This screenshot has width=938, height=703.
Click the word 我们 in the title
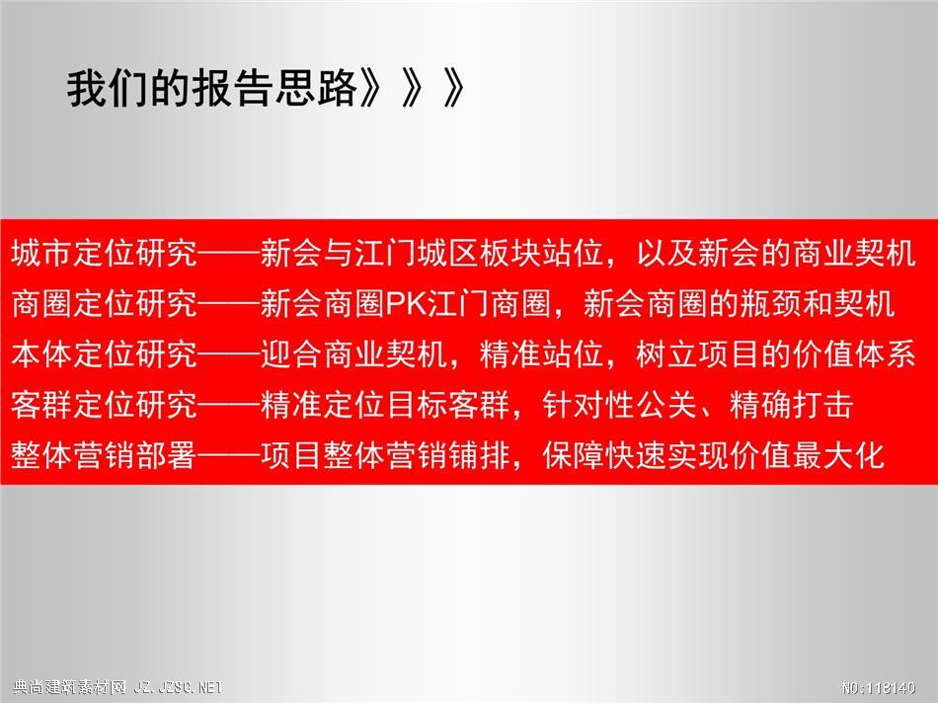pos(108,89)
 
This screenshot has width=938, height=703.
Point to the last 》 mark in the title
pos(453,89)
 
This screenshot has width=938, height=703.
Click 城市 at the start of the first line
pos(41,253)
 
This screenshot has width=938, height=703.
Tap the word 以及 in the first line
pos(667,253)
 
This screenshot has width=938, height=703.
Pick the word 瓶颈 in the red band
pos(771,304)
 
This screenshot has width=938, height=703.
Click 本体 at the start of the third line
pos(41,354)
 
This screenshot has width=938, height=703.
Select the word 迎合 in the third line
pos(292,354)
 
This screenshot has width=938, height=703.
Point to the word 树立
pos(667,354)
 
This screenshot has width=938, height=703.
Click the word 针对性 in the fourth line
pos(588,405)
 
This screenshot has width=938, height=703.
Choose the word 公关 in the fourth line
pos(667,405)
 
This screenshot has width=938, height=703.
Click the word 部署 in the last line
pos(167,456)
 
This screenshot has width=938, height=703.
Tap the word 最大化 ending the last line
pos(838,456)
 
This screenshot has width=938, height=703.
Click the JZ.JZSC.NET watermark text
pos(179,687)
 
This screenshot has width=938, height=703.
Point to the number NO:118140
pos(879,688)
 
